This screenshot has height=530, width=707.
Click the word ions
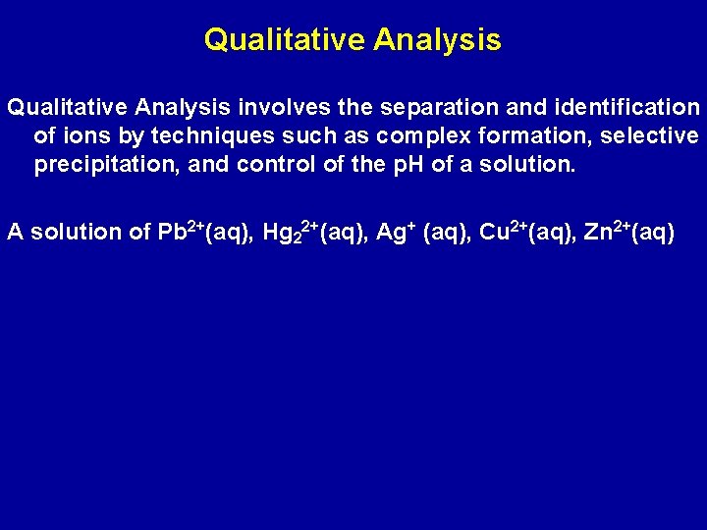point(82,135)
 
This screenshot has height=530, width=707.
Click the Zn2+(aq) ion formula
point(628,232)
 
